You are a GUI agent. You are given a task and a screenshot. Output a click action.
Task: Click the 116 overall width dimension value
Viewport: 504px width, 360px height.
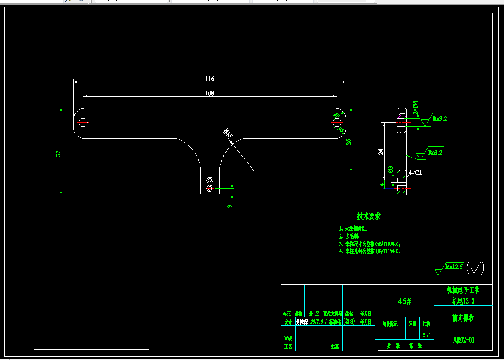(x=209, y=79)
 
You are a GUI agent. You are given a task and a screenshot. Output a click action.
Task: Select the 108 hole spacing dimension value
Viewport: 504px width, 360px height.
(x=209, y=93)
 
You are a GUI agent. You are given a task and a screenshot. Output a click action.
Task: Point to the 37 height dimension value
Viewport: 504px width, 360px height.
(x=59, y=154)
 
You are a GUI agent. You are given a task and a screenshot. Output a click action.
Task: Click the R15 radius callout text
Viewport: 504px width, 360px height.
(x=228, y=132)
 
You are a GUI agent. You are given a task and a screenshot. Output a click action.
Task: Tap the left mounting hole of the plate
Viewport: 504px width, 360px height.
(x=83, y=122)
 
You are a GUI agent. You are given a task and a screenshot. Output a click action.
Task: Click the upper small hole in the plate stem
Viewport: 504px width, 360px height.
(x=210, y=180)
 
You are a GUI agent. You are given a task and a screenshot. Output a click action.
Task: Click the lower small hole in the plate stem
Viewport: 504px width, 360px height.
(x=210, y=188)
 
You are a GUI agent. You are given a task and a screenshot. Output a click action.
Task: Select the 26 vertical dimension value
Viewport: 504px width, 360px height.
(x=348, y=142)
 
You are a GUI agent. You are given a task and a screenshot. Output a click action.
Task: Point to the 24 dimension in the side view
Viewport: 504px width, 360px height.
(x=381, y=152)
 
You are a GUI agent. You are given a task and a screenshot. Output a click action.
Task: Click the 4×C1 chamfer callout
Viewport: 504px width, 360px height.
(x=415, y=173)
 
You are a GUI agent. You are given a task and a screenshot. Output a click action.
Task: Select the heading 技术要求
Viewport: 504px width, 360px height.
(x=368, y=216)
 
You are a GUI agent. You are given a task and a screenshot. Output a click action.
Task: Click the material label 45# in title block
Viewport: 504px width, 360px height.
(x=404, y=301)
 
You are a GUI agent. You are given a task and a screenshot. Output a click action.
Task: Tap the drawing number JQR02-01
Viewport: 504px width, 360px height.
(x=463, y=340)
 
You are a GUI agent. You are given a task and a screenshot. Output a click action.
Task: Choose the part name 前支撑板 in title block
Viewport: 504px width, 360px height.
(x=463, y=318)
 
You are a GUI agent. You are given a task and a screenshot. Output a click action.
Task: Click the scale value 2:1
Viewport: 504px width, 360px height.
(x=426, y=335)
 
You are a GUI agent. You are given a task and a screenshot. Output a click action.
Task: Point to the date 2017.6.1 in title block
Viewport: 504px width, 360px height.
(x=318, y=322)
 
